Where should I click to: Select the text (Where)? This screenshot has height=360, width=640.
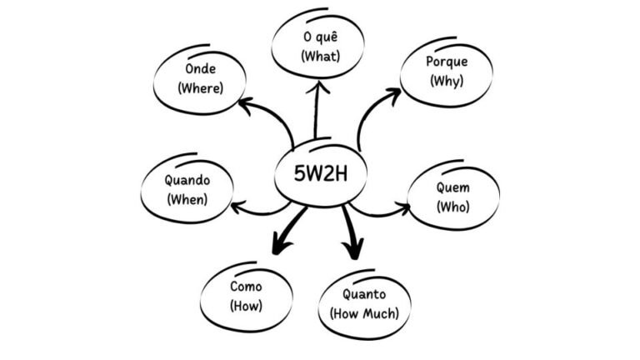tap(200, 87)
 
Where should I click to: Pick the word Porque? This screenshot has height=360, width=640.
tap(447, 62)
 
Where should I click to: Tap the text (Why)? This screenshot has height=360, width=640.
tap(447, 81)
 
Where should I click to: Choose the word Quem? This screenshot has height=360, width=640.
tap(452, 187)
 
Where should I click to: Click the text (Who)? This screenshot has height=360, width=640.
tap(452, 206)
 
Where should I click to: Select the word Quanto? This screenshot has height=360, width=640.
tap(363, 294)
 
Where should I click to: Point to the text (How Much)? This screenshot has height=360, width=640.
tap(364, 312)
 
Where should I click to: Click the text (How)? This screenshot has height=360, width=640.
tap(246, 306)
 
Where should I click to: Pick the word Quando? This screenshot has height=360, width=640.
tap(187, 181)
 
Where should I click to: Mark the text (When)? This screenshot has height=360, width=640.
tap(187, 199)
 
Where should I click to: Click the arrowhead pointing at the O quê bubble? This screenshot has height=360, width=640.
tap(317, 86)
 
